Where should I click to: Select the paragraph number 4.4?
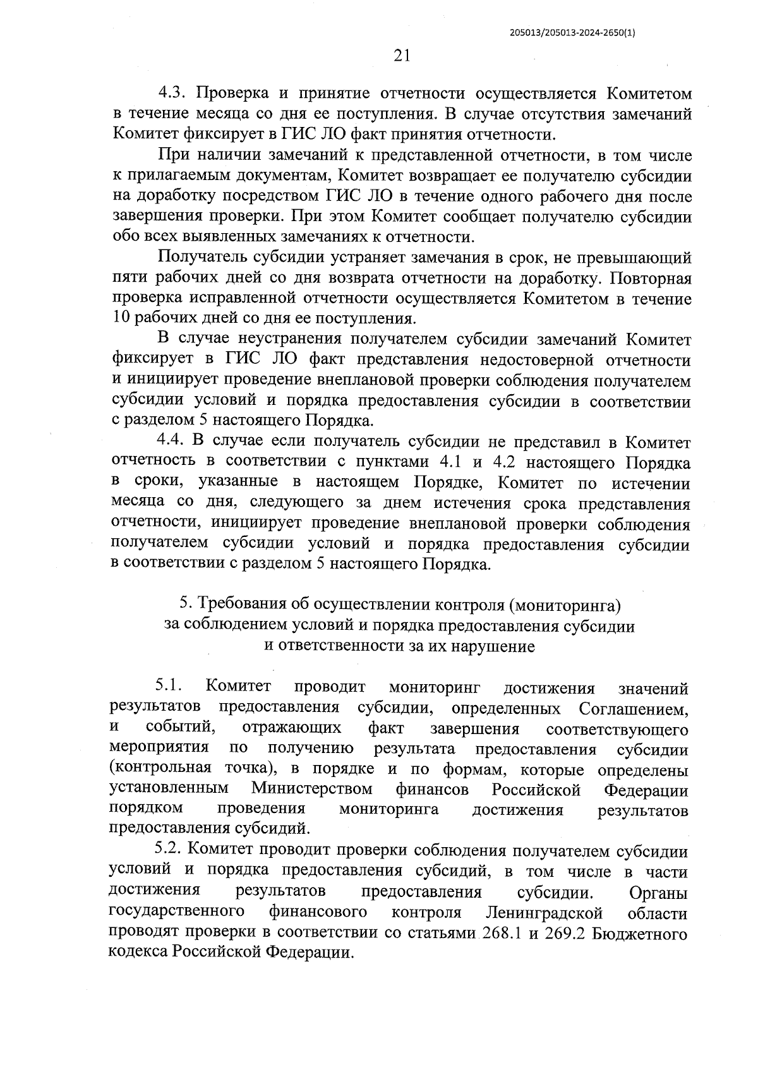pos(170,442)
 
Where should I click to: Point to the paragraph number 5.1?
pos(169,687)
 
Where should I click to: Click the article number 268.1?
pos(502,934)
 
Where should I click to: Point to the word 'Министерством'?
pos(311,790)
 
